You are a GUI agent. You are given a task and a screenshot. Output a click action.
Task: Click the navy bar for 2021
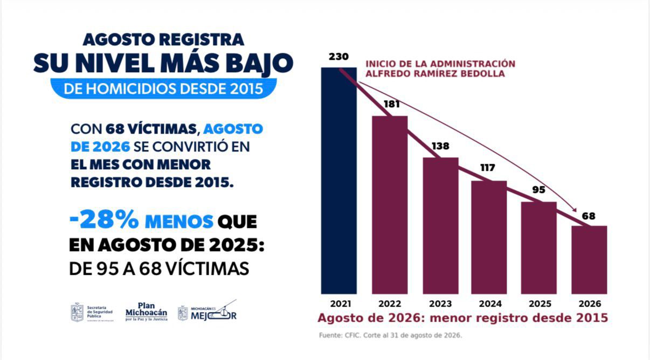point(338,181)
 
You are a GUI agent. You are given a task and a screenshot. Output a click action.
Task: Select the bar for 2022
point(390,205)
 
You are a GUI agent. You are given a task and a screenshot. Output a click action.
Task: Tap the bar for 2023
point(440,226)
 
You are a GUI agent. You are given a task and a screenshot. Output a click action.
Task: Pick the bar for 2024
point(489,238)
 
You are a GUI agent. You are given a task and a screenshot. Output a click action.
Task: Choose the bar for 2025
point(539,248)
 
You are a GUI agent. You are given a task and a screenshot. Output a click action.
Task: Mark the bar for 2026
point(589,260)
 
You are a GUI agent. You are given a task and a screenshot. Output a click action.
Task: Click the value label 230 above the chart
point(338,57)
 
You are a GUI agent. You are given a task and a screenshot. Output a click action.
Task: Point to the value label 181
point(392,104)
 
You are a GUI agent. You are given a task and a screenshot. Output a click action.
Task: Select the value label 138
point(440,146)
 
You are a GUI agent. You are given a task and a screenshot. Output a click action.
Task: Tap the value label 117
point(487,168)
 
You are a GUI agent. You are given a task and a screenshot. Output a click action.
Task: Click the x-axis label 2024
point(490,304)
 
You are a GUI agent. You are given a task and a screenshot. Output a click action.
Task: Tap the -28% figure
point(104,219)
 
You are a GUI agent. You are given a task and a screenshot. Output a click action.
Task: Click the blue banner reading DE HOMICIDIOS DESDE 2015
point(163,88)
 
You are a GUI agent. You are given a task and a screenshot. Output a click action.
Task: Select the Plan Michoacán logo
point(146,311)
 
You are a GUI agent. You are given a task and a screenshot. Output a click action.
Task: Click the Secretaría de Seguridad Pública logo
point(92,312)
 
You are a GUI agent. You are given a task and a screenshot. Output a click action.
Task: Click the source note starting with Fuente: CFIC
point(390,335)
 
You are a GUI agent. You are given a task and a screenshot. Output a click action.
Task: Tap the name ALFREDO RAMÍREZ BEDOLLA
point(435,74)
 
